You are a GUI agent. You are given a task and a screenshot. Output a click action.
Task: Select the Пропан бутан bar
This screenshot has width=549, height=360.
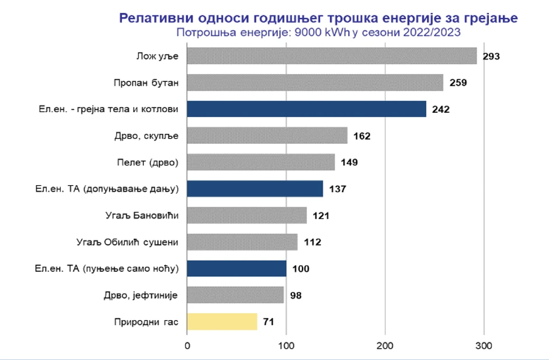pyautogui.click(x=315, y=82)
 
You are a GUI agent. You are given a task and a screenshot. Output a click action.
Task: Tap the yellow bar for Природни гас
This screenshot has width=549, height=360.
pyautogui.click(x=222, y=321)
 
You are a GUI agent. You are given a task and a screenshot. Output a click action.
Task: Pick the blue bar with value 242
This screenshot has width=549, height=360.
pyautogui.click(x=307, y=109)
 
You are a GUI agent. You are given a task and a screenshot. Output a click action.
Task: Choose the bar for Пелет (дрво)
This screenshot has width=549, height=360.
pyautogui.click(x=260, y=162)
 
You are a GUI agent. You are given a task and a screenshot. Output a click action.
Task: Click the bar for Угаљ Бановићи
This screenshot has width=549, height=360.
pyautogui.click(x=246, y=216)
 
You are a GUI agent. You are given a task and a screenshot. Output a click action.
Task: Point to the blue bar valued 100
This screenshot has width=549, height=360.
pyautogui.click(x=237, y=269)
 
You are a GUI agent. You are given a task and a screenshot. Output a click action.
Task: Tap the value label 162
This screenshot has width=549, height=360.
pyautogui.click(x=362, y=136)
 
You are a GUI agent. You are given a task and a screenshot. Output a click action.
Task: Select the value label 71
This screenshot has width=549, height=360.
pyautogui.click(x=269, y=322)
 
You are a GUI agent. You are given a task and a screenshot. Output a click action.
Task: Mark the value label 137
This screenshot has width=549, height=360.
pyautogui.click(x=338, y=189)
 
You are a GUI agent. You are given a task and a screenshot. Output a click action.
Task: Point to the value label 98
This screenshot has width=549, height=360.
pyautogui.click(x=296, y=296)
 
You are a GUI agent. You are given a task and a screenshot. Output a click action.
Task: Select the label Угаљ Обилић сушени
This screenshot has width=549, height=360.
pyautogui.click(x=127, y=242)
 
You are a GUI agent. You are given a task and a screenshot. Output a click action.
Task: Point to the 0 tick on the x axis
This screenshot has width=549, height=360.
pyautogui.click(x=187, y=345)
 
